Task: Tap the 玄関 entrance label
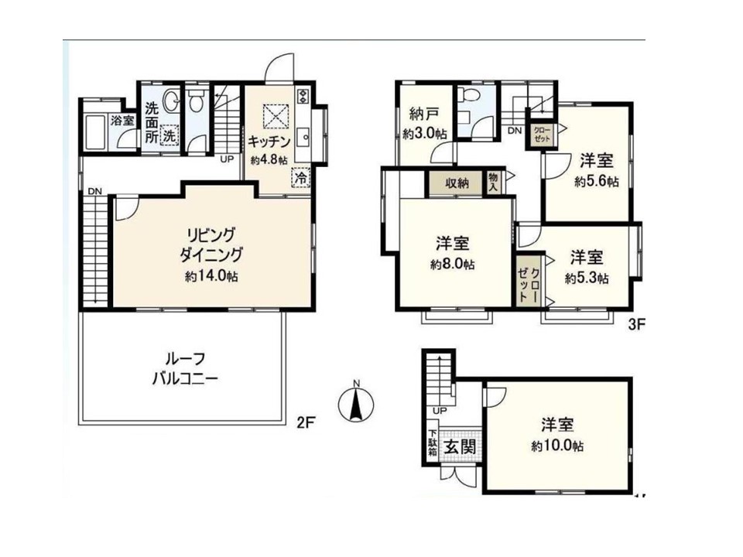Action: click(x=460, y=446)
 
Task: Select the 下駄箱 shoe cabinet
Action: click(x=432, y=443)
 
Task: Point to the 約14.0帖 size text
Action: click(x=211, y=276)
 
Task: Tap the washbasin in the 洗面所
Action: click(x=171, y=101)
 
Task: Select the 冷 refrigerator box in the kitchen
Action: click(x=301, y=178)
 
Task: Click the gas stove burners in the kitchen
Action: click(x=303, y=97)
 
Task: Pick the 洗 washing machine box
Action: click(x=169, y=135)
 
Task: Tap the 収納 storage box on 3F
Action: click(x=457, y=183)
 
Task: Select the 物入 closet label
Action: click(x=493, y=183)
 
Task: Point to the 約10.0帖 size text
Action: click(x=557, y=446)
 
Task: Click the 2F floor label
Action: click(x=306, y=422)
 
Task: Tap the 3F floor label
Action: click(x=636, y=324)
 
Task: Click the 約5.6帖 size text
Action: click(x=597, y=182)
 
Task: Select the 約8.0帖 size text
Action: click(x=453, y=265)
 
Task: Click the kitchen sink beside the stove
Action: click(x=303, y=138)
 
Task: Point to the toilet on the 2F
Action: click(x=195, y=100)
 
